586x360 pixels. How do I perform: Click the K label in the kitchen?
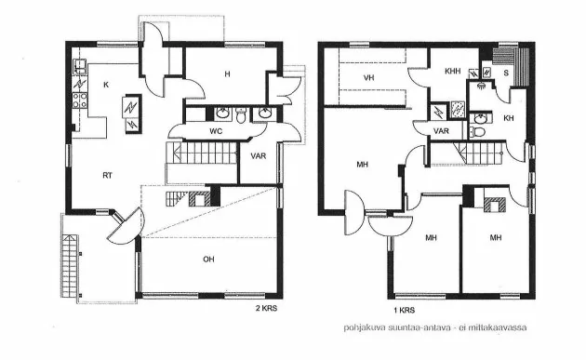point(106,86)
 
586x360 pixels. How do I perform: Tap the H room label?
point(226,74)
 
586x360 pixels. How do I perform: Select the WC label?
point(216,132)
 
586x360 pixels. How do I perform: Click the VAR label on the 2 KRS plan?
point(259,155)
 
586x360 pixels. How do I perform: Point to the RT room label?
point(108,174)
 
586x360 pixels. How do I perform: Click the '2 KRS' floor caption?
point(267,306)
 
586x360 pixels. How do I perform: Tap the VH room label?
point(368,77)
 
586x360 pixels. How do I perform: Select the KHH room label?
point(453,71)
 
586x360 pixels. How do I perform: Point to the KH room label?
point(508,118)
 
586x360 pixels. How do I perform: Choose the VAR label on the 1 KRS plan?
point(443,132)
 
